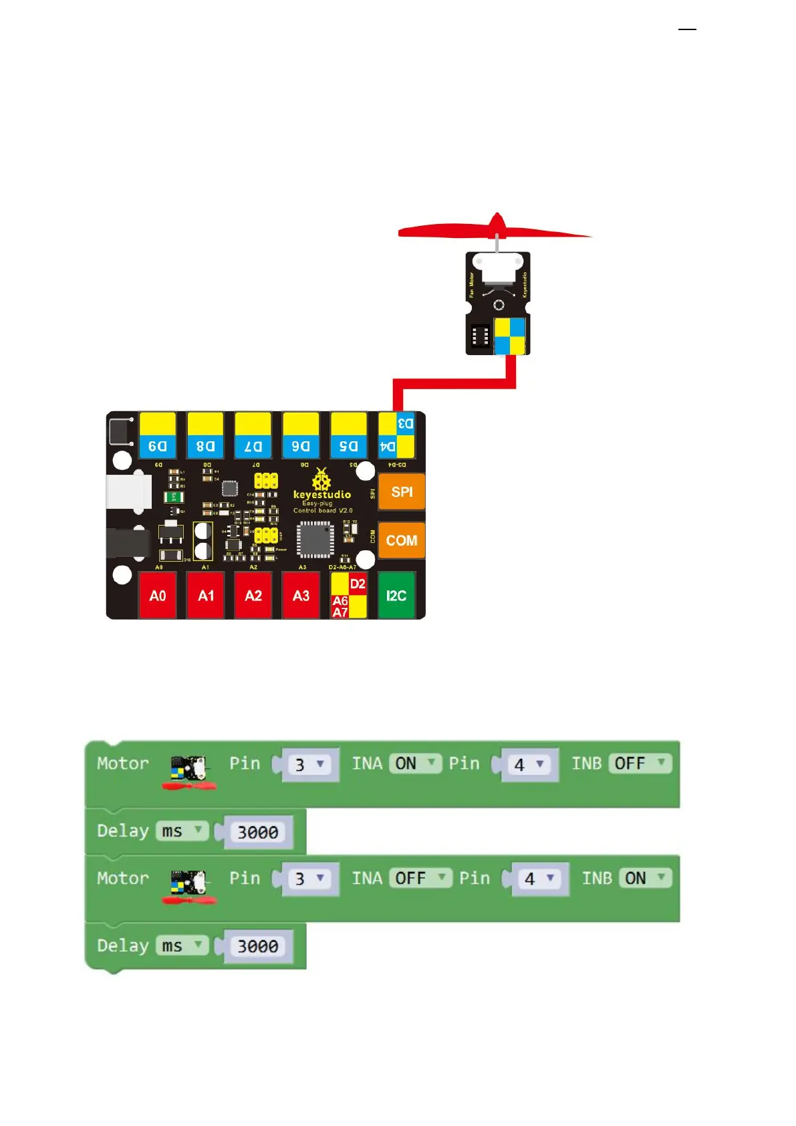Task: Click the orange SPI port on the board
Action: (401, 492)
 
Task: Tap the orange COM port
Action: (401, 540)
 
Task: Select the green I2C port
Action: (396, 595)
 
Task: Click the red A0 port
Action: (158, 595)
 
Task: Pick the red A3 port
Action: (301, 595)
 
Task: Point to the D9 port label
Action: (158, 446)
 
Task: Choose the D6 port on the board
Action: (301, 446)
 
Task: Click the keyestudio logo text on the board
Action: (321, 495)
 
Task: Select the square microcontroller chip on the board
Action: (315, 540)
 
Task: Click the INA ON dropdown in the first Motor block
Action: (414, 764)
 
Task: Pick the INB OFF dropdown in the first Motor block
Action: (640, 764)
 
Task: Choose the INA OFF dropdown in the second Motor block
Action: (420, 878)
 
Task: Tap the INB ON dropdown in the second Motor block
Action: (645, 878)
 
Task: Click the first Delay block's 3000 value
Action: (258, 832)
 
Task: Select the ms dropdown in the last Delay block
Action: (182, 946)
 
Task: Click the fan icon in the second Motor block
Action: (189, 887)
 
